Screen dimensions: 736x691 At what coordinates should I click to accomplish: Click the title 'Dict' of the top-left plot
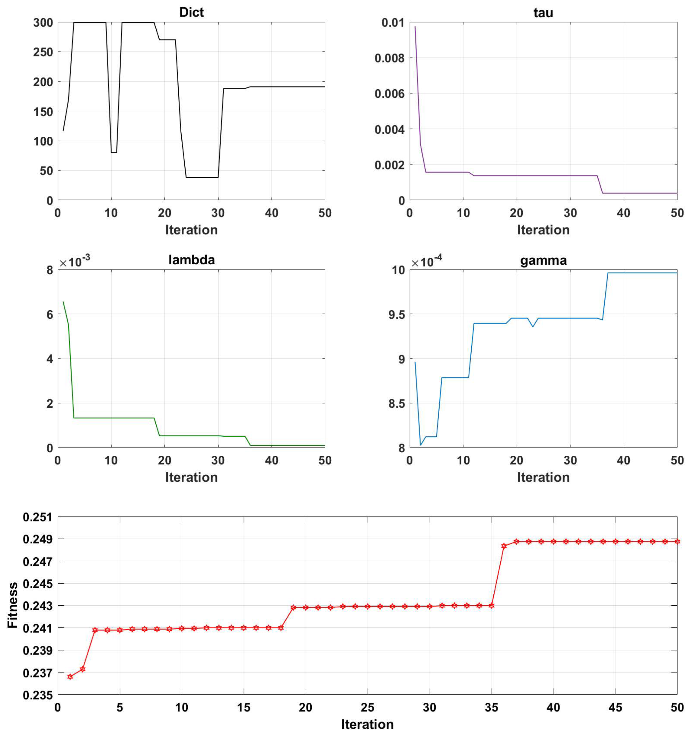tap(191, 12)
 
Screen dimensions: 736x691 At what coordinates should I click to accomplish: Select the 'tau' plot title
tap(543, 13)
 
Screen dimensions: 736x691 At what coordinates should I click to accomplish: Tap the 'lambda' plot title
tap(191, 260)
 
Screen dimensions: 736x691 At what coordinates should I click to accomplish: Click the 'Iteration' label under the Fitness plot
tap(367, 724)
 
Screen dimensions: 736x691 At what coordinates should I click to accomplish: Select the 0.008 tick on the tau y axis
tap(389, 58)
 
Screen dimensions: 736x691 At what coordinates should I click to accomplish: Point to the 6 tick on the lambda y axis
tap(49, 315)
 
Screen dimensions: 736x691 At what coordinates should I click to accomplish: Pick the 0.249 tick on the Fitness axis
tap(37, 539)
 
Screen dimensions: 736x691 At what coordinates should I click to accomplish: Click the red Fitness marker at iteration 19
tap(293, 607)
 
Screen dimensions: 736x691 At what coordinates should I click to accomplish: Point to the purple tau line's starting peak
tap(415, 27)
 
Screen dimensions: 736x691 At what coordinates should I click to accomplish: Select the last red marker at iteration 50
tap(677, 542)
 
